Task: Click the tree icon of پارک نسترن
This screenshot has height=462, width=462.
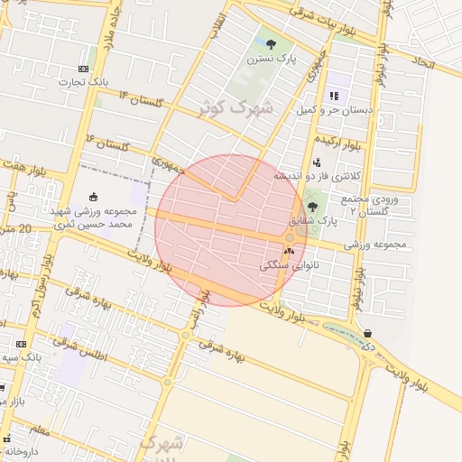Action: (272, 43)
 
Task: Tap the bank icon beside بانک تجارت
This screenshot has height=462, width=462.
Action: (83, 69)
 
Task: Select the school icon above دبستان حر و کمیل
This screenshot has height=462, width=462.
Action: (334, 95)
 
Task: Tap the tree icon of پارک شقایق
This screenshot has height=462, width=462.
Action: (312, 207)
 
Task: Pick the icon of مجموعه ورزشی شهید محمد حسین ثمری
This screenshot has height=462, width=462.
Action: (93, 196)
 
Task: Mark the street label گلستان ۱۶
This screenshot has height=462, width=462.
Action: (107, 143)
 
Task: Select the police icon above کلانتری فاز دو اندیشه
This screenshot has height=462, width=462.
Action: (316, 162)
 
